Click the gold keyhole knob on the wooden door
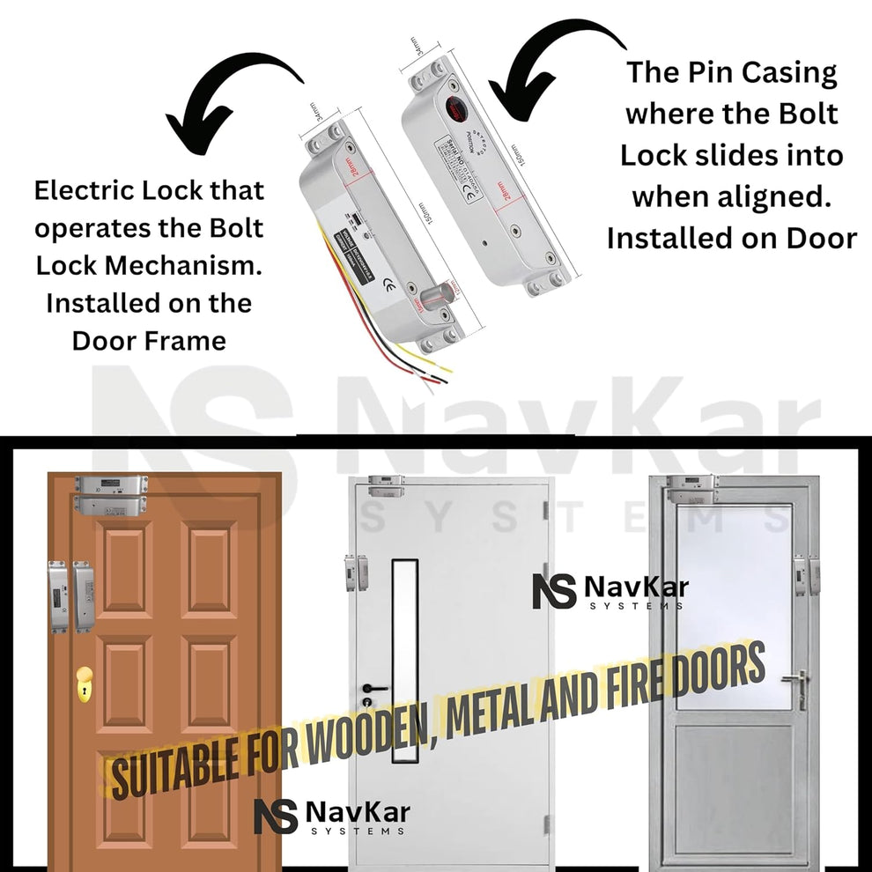85,683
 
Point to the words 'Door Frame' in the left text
149,340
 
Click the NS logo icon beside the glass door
553,590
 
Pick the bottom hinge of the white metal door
547,823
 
